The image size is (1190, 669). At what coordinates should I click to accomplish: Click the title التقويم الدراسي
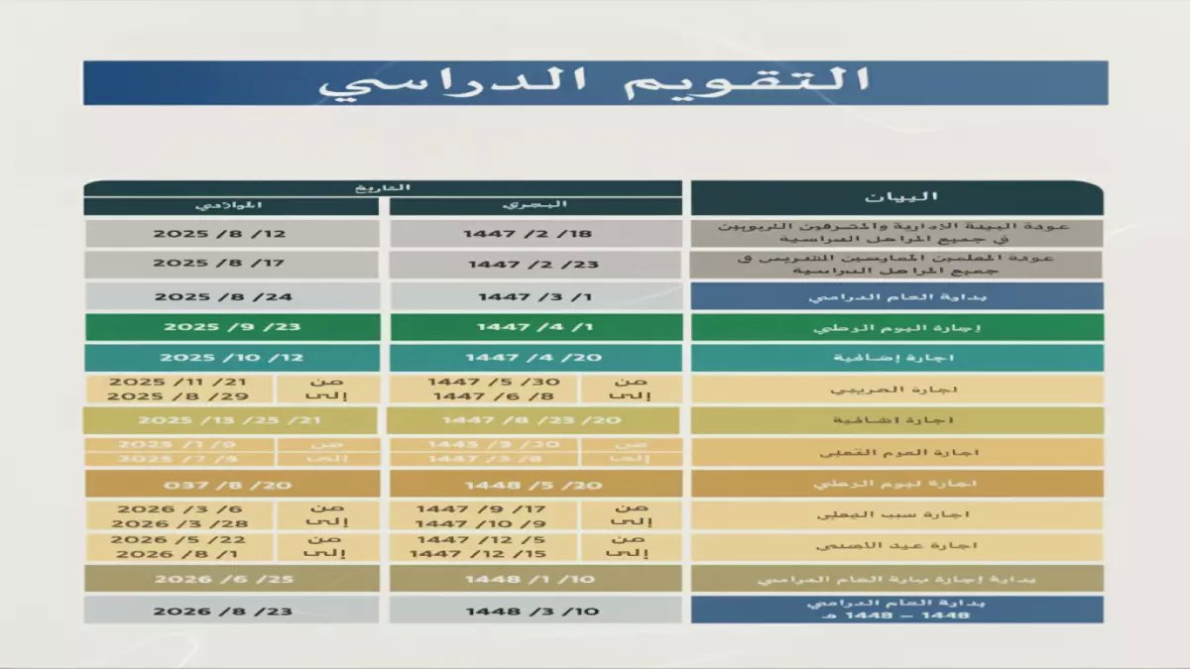pyautogui.click(x=595, y=82)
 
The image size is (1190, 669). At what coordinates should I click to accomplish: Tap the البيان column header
pyautogui.click(x=896, y=197)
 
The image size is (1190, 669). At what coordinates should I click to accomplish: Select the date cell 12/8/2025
pyautogui.click(x=232, y=234)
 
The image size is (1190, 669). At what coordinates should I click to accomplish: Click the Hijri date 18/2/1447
pyautogui.click(x=535, y=234)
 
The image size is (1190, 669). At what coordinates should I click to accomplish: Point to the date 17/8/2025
pyautogui.click(x=232, y=265)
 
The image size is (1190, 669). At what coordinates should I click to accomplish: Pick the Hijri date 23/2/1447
pyautogui.click(x=535, y=265)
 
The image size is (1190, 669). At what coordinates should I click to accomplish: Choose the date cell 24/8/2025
pyautogui.click(x=232, y=296)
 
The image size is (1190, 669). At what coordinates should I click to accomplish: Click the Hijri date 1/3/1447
pyautogui.click(x=535, y=296)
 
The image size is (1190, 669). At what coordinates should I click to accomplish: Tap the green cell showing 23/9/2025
pyautogui.click(x=232, y=327)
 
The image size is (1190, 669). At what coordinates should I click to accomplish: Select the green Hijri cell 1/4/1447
pyautogui.click(x=535, y=327)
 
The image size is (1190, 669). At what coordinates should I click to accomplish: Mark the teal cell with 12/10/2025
pyautogui.click(x=232, y=358)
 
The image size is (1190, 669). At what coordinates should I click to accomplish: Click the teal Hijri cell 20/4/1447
pyautogui.click(x=535, y=358)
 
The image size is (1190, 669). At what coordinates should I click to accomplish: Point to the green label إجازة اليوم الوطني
pyautogui.click(x=896, y=327)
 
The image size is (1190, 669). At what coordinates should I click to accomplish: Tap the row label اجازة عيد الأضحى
pyautogui.click(x=896, y=546)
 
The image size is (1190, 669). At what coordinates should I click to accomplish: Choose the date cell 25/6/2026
pyautogui.click(x=232, y=579)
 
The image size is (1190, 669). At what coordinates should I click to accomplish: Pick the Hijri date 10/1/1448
pyautogui.click(x=535, y=579)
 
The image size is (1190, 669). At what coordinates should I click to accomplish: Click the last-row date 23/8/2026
pyautogui.click(x=232, y=611)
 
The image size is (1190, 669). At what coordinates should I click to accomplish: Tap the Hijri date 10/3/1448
pyautogui.click(x=535, y=611)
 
